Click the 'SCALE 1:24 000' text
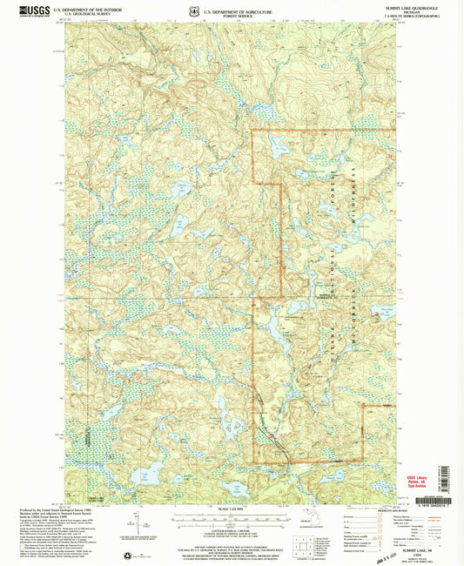pyautogui.click(x=231, y=508)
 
